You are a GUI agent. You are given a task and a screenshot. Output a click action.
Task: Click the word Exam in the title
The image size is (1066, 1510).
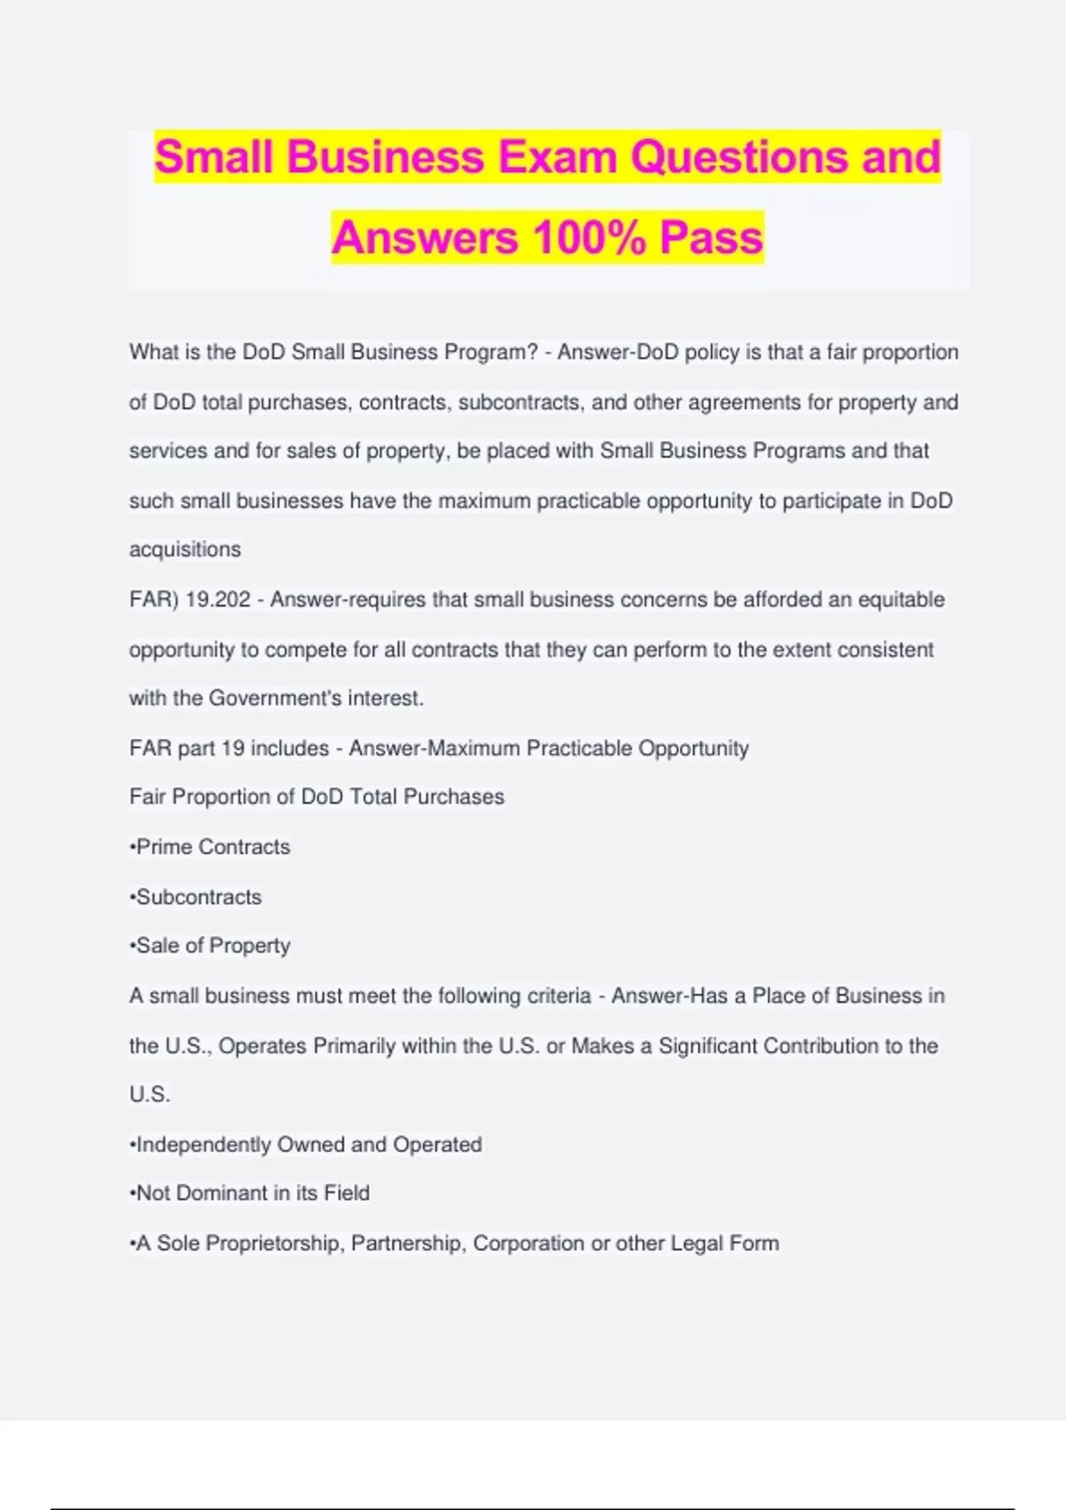(x=557, y=157)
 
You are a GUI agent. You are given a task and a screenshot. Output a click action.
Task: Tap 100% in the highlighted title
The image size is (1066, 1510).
(x=589, y=238)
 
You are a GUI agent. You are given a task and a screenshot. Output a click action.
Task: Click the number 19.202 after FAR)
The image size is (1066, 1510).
(x=218, y=600)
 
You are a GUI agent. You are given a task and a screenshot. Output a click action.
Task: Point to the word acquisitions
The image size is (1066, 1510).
(x=185, y=550)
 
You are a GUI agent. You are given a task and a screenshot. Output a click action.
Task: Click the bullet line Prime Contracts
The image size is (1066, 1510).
(x=211, y=846)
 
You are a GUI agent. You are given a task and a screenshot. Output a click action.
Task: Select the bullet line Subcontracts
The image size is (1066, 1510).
(x=196, y=897)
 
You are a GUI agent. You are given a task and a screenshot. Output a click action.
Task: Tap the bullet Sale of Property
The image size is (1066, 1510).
(x=211, y=946)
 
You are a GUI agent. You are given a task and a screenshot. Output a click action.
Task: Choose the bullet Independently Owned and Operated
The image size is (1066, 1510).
(x=306, y=1144)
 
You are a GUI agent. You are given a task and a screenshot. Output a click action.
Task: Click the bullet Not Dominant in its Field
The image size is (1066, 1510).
(x=250, y=1193)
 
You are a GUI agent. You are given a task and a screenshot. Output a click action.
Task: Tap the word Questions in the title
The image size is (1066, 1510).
(x=739, y=157)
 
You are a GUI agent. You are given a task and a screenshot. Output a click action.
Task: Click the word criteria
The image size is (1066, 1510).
(x=559, y=996)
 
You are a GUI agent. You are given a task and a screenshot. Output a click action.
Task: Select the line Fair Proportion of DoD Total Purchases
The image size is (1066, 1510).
(x=316, y=797)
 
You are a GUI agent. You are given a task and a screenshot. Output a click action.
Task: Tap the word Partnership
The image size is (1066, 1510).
(x=408, y=1244)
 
